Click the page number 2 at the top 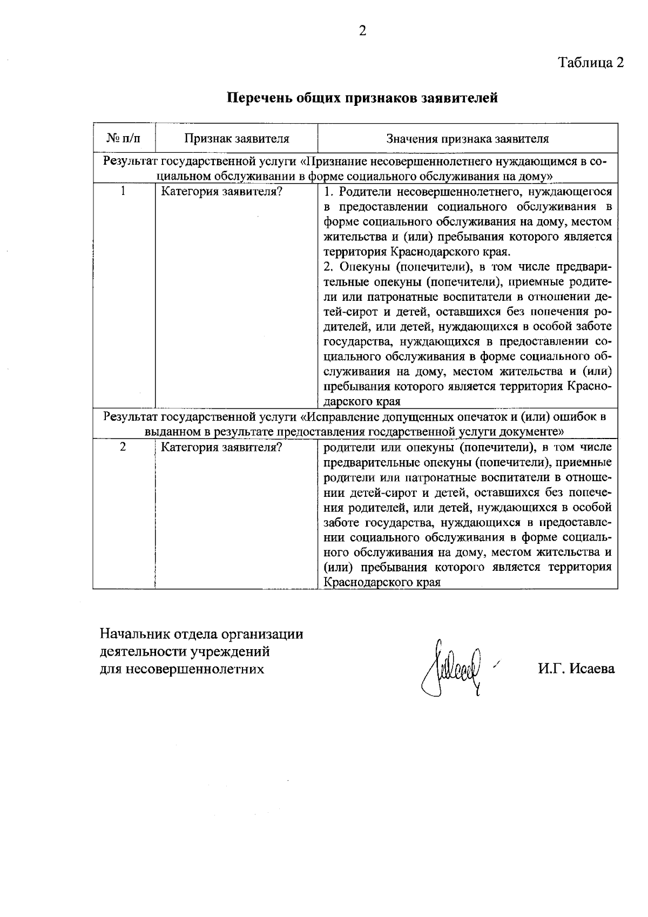click(x=362, y=31)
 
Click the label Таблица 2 click(x=591, y=62)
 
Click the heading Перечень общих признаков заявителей click(x=362, y=98)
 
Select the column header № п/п click(x=124, y=139)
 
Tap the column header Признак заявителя click(x=237, y=139)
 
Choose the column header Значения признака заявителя click(x=468, y=139)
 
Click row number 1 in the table click(x=124, y=191)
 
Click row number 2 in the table click(x=124, y=447)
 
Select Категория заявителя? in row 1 click(x=222, y=192)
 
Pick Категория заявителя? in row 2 click(x=222, y=448)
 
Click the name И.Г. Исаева click(x=576, y=669)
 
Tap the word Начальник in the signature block click(x=127, y=633)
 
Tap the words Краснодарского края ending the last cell click(x=382, y=583)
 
